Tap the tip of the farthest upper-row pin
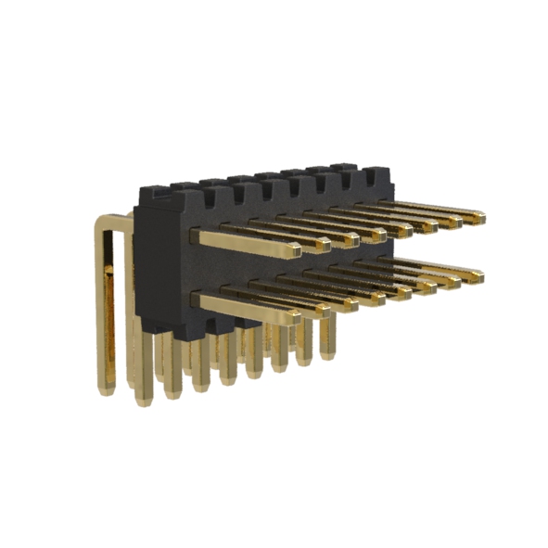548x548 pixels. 478,218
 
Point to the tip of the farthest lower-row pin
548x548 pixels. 478,274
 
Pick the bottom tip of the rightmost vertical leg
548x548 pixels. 326,353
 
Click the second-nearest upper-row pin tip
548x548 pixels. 322,245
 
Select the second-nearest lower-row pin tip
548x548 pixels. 322,309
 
